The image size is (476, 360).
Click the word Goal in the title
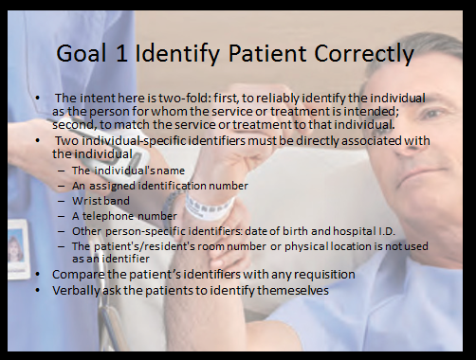pyautogui.click(x=81, y=53)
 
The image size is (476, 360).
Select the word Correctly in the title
pyautogui.click(x=364, y=54)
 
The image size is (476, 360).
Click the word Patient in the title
pyautogui.click(x=267, y=53)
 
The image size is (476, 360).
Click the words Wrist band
pyautogui.click(x=101, y=201)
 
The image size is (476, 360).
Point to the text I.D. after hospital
pyautogui.click(x=387, y=231)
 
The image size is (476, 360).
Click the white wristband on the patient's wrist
pyautogui.click(x=209, y=207)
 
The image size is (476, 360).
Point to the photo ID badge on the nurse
pyautogui.click(x=18, y=248)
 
